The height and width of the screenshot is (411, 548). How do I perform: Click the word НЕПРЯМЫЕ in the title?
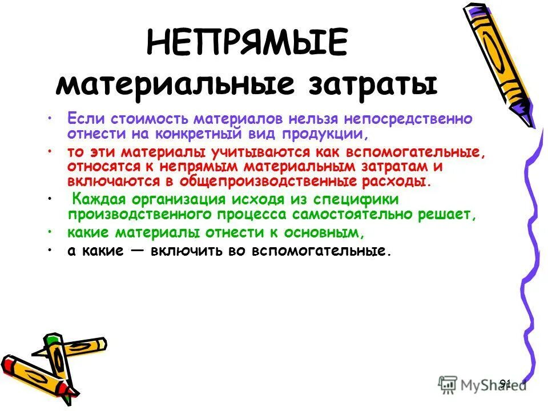247,44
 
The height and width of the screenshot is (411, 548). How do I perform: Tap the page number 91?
505,383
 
